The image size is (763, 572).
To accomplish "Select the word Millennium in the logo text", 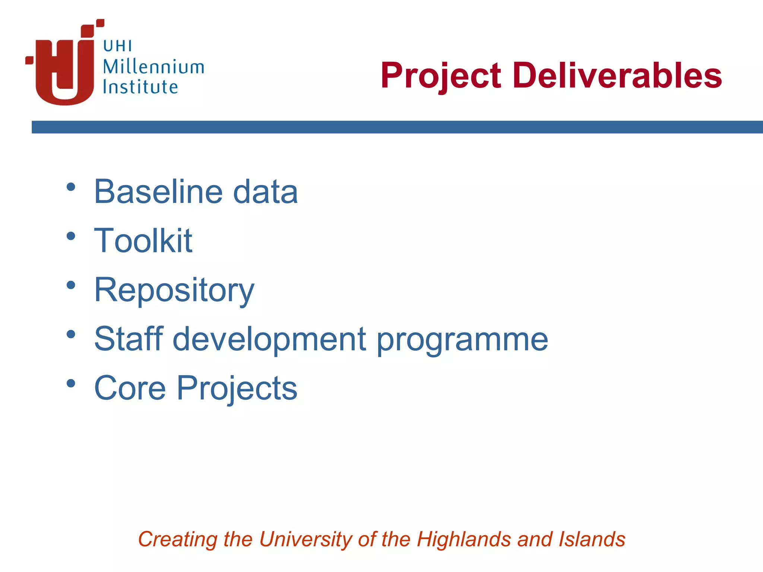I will (153, 67).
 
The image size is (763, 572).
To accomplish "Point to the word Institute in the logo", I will (140, 87).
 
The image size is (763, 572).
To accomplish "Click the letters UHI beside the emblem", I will (117, 47).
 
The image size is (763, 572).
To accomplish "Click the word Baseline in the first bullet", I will (158, 191).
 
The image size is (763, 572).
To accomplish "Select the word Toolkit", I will (143, 241).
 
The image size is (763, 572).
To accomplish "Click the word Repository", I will (174, 290).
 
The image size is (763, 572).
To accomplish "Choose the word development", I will (269, 339).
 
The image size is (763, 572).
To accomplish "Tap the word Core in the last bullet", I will (130, 388).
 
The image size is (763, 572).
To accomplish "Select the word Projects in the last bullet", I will (237, 389).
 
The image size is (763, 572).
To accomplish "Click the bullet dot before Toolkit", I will (71, 236).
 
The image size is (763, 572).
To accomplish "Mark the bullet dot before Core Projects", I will (71, 383).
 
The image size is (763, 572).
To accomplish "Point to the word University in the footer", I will (305, 539).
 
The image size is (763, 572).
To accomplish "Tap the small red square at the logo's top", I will (100, 23).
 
